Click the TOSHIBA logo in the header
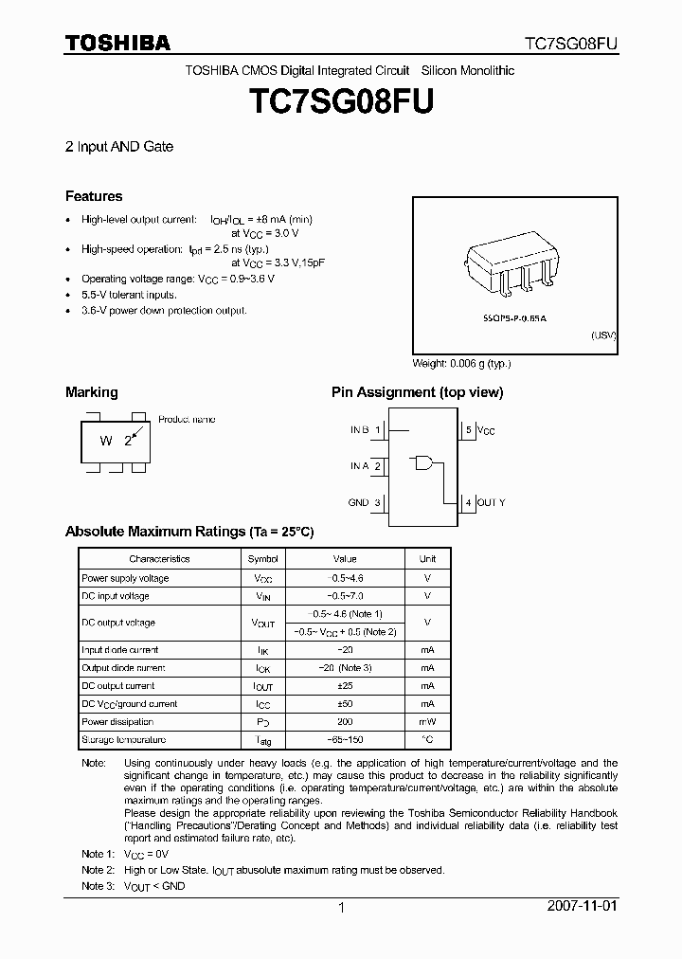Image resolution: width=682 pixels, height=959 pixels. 117,43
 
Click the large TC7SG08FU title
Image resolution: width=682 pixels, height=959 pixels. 340,103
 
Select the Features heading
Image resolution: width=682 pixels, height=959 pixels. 94,196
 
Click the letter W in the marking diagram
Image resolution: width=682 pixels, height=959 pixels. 107,441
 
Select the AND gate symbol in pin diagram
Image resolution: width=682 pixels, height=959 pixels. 423,463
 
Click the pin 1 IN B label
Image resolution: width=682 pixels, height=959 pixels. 366,430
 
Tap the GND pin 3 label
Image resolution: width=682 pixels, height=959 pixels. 365,502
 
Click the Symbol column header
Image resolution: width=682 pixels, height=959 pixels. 263,559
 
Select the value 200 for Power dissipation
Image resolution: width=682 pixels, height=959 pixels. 345,722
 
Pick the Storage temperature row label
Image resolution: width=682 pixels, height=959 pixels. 124,740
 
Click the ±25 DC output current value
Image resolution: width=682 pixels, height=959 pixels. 345,686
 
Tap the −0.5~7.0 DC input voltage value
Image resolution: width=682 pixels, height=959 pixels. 345,596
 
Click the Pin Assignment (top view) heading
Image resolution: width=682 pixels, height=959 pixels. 417,392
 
